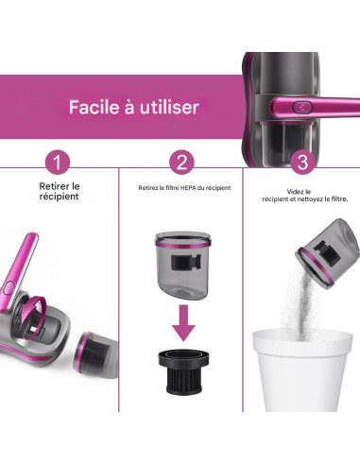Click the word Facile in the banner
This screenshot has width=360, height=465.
coord(94,107)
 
